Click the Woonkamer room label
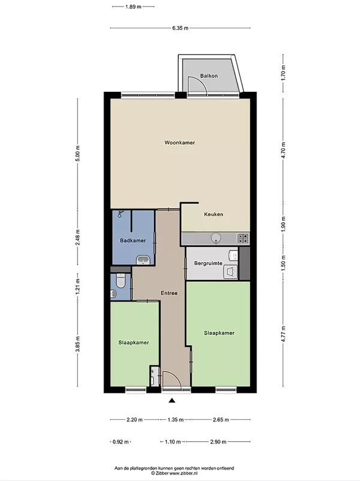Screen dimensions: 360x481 point(179,143)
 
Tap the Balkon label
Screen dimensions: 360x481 point(209,76)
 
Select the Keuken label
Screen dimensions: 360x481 point(214,214)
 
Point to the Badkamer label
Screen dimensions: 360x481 point(133,240)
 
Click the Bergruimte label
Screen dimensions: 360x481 point(208,263)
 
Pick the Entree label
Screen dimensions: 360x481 point(169,293)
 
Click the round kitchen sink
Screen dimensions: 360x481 point(217,238)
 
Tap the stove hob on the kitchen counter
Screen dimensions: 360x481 point(242,238)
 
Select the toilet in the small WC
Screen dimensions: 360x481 point(121,280)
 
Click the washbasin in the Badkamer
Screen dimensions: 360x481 point(143,261)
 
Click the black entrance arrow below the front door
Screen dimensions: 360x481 point(172,401)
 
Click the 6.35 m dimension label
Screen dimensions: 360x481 point(180,28)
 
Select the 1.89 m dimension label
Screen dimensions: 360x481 point(133,7)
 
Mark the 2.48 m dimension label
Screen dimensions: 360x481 point(77,237)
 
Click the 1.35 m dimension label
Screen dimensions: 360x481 point(176,420)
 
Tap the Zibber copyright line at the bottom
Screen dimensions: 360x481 point(175,473)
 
